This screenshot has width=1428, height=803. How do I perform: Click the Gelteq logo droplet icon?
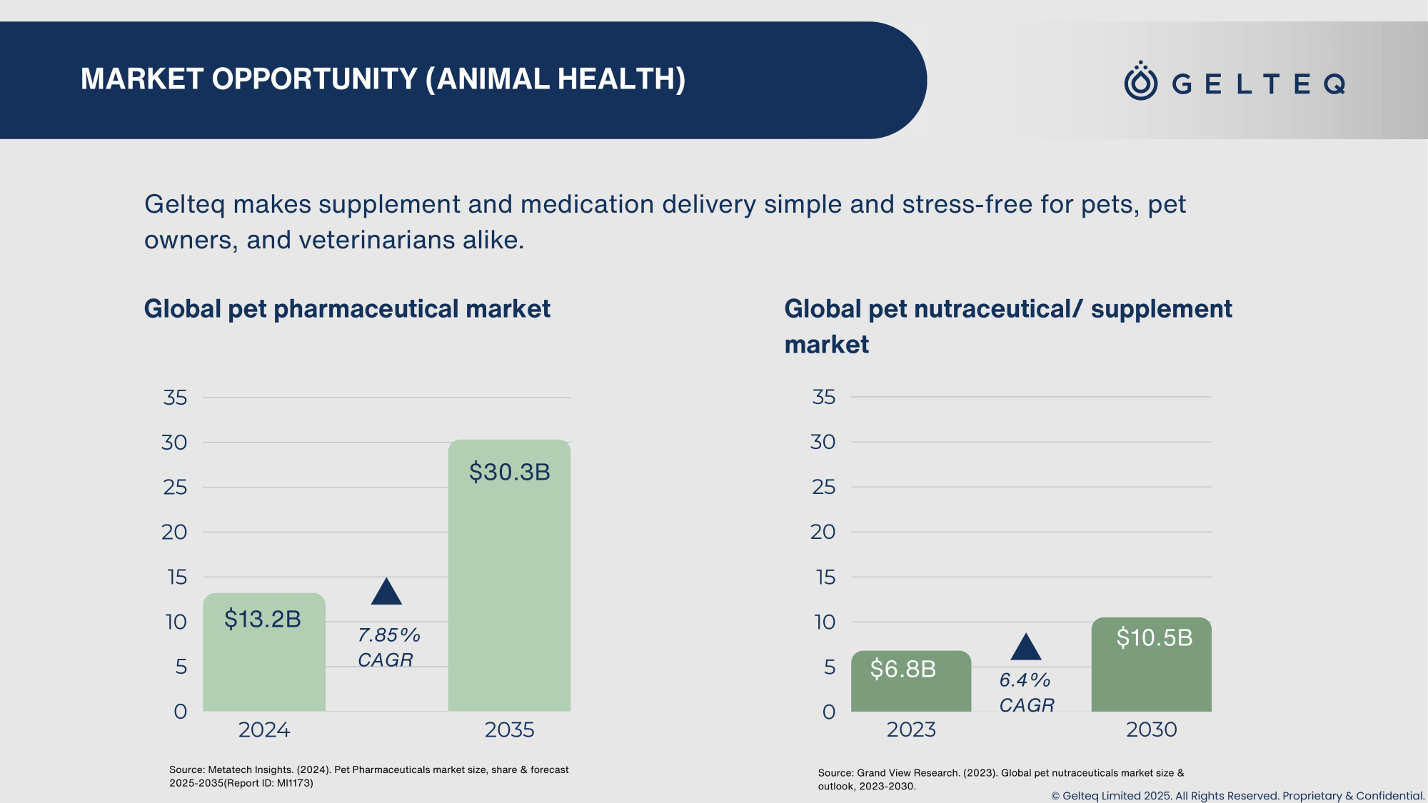[x=1140, y=81]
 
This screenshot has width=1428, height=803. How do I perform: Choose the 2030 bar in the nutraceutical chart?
[x=1151, y=678]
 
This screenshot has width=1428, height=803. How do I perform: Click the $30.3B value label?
[x=509, y=472]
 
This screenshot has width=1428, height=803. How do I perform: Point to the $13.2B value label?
[x=263, y=619]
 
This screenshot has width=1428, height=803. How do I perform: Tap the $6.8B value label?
[x=902, y=669]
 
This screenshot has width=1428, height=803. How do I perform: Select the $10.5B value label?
[x=1154, y=637]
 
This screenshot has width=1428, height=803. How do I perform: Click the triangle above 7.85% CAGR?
[x=386, y=592]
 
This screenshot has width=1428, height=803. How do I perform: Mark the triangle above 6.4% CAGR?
[x=1026, y=647]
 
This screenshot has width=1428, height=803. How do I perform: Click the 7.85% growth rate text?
[x=388, y=635]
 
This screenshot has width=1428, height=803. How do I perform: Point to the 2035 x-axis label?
[x=509, y=729]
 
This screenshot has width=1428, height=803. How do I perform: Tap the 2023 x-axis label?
[x=911, y=729]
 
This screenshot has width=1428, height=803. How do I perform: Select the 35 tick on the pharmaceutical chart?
[x=175, y=398]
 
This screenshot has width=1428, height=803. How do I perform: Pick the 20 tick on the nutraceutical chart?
[x=823, y=532]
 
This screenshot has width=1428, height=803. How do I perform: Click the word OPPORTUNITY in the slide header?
[x=314, y=79]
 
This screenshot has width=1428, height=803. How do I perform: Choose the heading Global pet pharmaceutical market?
[x=347, y=309]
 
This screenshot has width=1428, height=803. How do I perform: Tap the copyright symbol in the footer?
[x=1055, y=796]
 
